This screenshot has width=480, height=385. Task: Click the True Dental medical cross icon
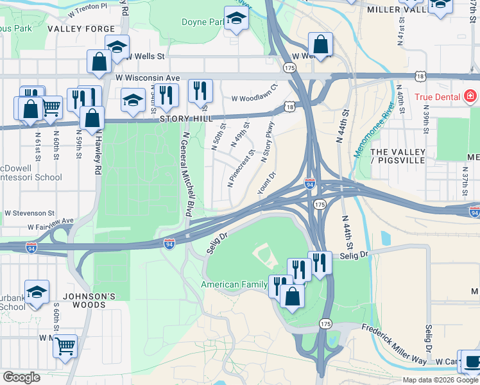[470, 97]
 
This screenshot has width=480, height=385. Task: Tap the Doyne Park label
[203, 22]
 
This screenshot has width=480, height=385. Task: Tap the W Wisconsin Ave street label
[148, 78]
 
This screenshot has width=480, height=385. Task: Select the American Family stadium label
[234, 284]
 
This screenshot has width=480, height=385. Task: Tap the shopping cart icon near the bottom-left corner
[65, 346]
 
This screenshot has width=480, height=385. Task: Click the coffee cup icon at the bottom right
[472, 361]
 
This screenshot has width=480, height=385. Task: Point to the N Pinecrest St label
[241, 169]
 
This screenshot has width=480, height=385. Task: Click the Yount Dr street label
[266, 183]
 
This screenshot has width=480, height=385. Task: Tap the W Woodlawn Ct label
[254, 94]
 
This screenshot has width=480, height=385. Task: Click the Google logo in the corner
[21, 377]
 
